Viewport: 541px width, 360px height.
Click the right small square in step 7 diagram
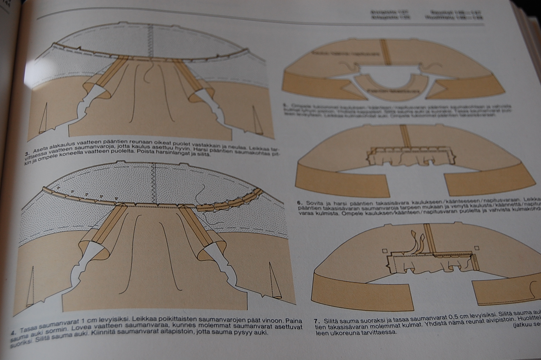point(477,248)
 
